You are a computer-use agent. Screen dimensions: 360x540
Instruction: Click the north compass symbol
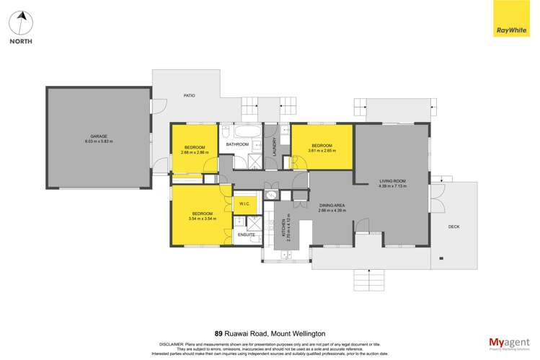pyautogui.click(x=21, y=24)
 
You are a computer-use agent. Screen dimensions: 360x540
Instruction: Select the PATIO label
pyautogui.click(x=189, y=95)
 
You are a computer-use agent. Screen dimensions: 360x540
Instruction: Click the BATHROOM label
pyautogui.click(x=237, y=144)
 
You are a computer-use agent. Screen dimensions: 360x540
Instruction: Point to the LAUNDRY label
pyautogui.click(x=275, y=146)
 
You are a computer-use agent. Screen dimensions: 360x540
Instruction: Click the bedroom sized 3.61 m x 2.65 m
pyautogui.click(x=321, y=147)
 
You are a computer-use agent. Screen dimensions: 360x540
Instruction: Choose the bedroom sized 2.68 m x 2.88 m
pyautogui.click(x=194, y=149)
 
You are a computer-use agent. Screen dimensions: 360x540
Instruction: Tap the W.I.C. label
pyautogui.click(x=244, y=205)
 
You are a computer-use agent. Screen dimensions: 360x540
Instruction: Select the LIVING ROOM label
pyautogui.click(x=393, y=181)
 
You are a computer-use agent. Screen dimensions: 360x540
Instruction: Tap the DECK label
pyautogui.click(x=453, y=227)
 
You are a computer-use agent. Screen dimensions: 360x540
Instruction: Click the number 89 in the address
pyautogui.click(x=219, y=333)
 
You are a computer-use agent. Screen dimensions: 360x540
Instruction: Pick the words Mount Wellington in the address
pyautogui.click(x=297, y=333)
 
